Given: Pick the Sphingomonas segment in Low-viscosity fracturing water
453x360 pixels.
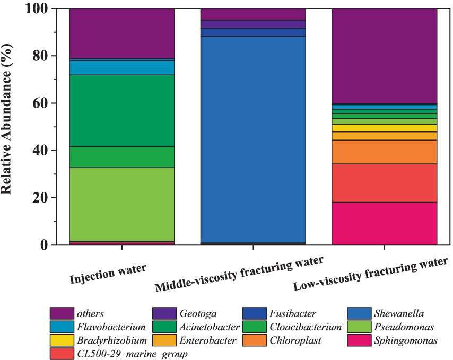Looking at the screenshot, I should tap(384, 223).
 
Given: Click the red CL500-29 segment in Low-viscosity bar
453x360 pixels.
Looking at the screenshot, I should tap(384, 183).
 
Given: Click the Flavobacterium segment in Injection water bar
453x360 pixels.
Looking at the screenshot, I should tap(122, 67).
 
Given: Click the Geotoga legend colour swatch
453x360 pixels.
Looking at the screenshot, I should tap(165, 313).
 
